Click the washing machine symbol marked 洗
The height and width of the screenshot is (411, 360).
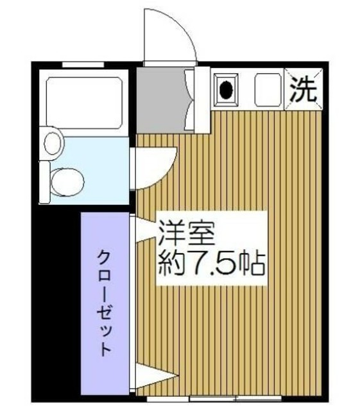pyautogui.click(x=304, y=89)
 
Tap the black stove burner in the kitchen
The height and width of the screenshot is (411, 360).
pyautogui.click(x=227, y=89)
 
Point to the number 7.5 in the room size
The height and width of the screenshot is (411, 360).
pyautogui.click(x=212, y=262)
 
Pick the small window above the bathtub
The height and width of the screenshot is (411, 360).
pyautogui.click(x=83, y=64)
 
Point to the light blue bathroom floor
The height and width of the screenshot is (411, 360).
pyautogui.click(x=96, y=161)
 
